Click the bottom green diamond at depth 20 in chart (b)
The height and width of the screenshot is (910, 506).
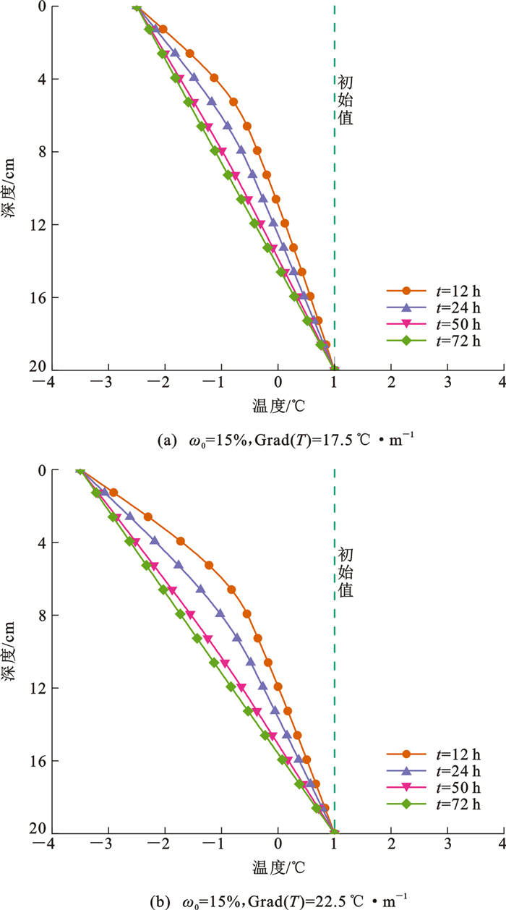pyautogui.click(x=334, y=832)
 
